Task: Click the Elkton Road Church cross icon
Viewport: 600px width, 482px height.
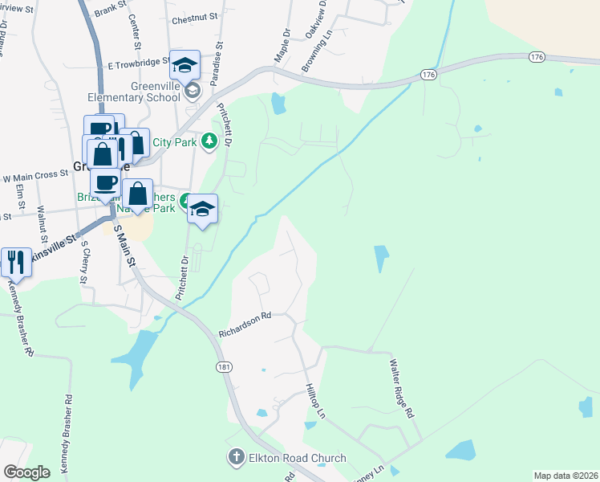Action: pos(237,458)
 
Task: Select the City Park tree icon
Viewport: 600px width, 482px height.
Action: pos(209,141)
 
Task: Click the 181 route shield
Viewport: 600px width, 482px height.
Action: pos(225,366)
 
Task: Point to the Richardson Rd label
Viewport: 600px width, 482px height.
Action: pos(245,324)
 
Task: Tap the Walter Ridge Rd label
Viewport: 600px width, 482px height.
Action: pos(400,389)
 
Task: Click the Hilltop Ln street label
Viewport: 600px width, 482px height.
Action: pos(315,399)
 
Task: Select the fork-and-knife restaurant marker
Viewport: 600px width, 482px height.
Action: pos(16,261)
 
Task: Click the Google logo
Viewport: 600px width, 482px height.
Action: pos(27,472)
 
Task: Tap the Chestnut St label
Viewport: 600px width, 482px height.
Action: pos(189,18)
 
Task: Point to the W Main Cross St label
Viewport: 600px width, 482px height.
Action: pos(34,175)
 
